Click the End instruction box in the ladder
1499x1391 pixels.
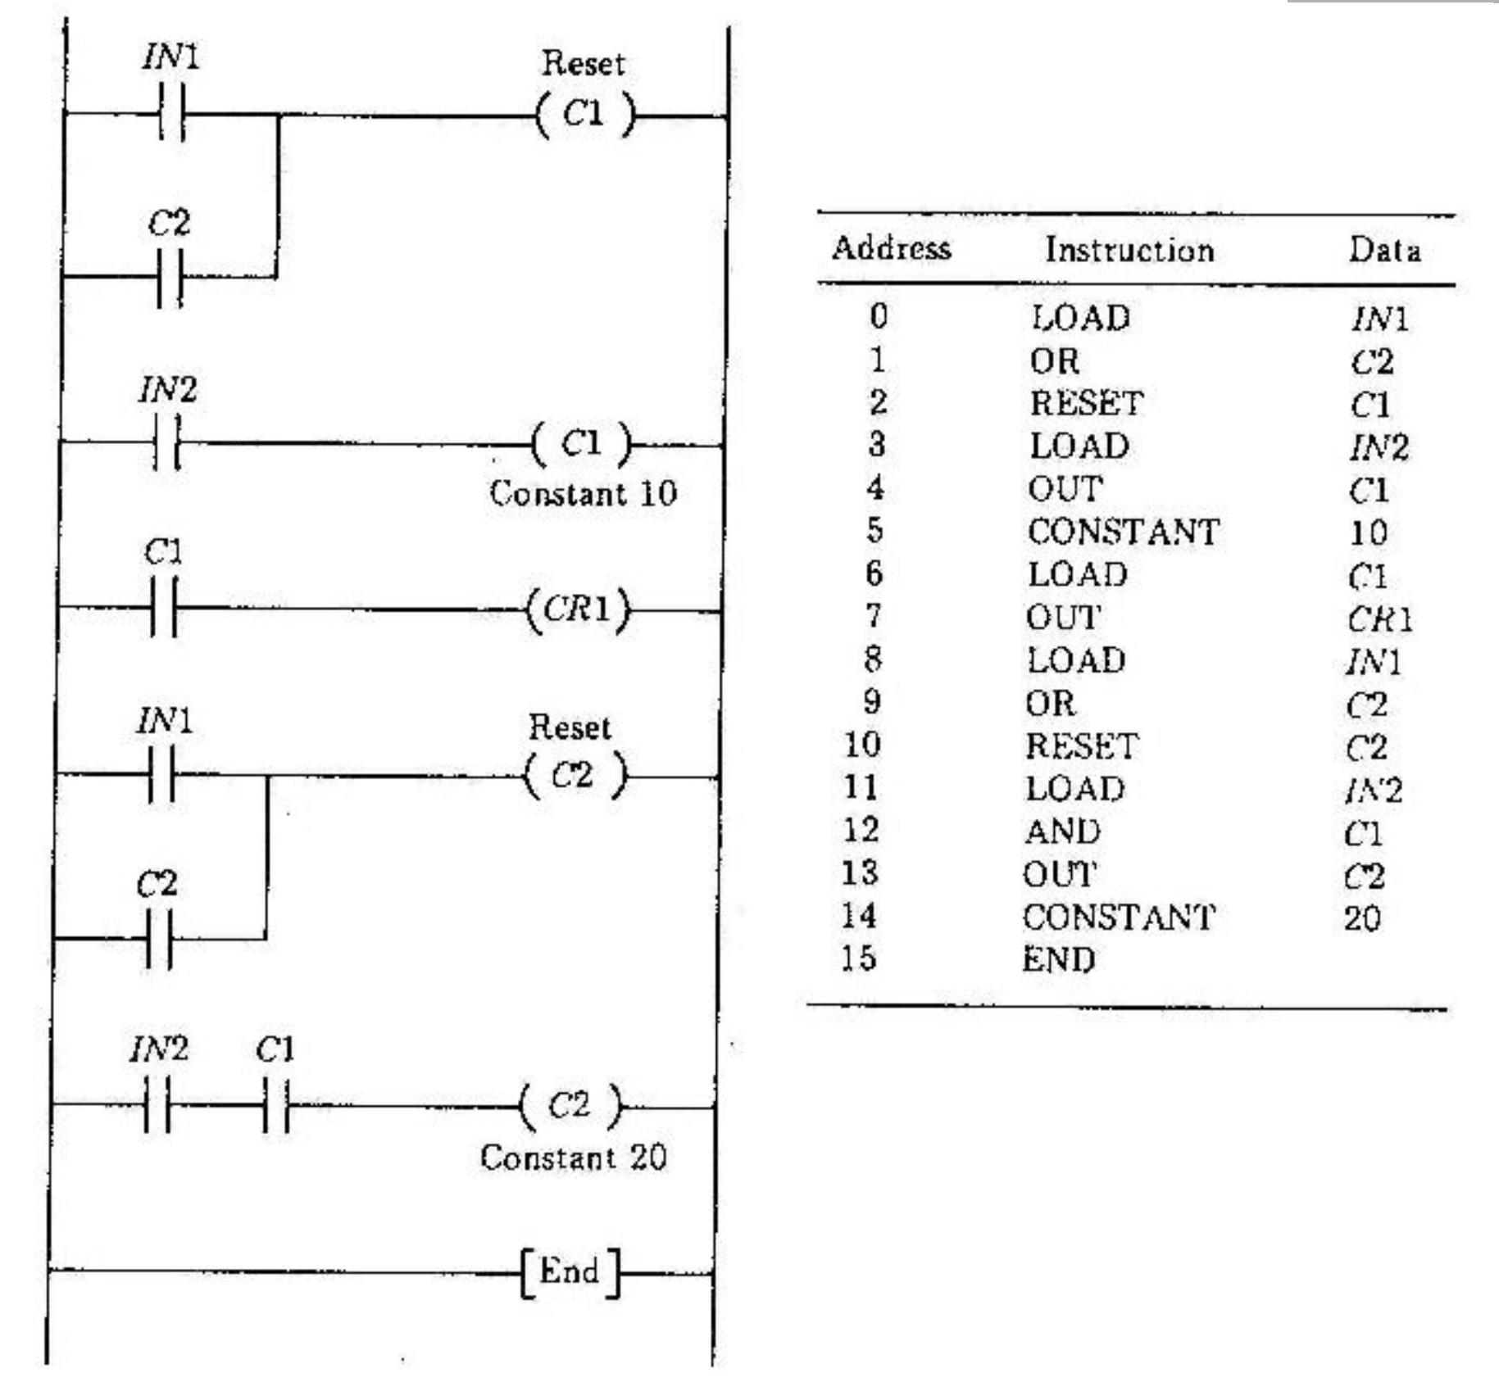pos(570,1272)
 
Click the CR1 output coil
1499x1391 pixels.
pos(579,610)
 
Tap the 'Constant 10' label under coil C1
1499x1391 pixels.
pos(583,493)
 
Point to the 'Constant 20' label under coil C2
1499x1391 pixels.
pos(573,1158)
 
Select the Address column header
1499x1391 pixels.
pos(891,248)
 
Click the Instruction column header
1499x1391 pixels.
pos(1129,250)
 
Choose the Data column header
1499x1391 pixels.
pos(1384,250)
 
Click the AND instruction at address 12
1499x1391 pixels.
pos(1062,831)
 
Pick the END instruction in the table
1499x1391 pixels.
pos(1058,959)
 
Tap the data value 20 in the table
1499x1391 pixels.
pos(1362,918)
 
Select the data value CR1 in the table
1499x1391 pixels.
pos(1379,620)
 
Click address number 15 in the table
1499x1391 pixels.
pos(858,958)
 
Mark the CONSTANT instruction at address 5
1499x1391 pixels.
pos(1123,532)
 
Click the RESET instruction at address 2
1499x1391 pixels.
pos(1086,403)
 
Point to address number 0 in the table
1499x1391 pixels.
pos(878,315)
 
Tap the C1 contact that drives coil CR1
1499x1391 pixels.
pos(164,608)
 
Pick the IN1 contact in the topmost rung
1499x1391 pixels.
pos(171,113)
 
